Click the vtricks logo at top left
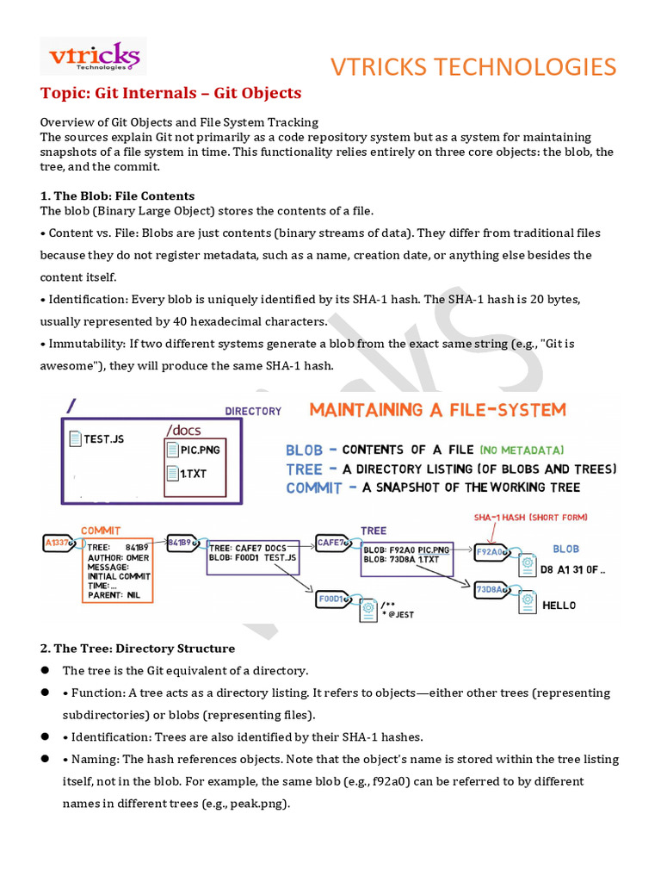click(93, 56)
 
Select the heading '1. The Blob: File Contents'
click(117, 196)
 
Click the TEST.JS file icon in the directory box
click(76, 438)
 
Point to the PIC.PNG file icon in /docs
click(173, 449)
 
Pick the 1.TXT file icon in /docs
click(173, 473)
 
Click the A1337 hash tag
click(59, 542)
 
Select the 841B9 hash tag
click(180, 542)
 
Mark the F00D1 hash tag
click(332, 598)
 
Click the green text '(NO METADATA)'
click(522, 450)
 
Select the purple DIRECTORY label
click(253, 411)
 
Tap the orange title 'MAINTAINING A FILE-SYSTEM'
click(438, 409)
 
